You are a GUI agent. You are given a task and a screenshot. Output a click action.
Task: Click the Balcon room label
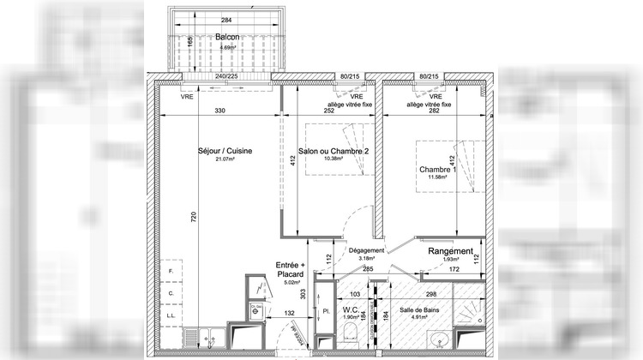pos(226,38)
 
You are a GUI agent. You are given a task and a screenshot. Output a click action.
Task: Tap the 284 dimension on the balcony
pos(226,20)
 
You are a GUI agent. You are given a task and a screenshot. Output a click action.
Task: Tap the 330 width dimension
pos(219,111)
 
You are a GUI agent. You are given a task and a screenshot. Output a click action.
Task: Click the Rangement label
pos(450,251)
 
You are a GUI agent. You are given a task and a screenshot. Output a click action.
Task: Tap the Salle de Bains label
pos(420,310)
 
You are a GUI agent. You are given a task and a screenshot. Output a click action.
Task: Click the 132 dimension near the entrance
pos(290,315)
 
